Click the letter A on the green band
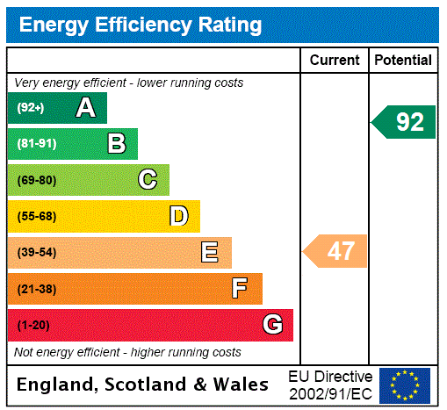click(85, 108)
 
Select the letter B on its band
click(117, 143)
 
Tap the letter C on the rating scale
click(148, 180)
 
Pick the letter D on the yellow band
click(179, 216)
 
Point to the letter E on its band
click(210, 253)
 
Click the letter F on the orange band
click(240, 288)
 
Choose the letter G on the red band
click(272, 325)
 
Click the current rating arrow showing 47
click(336, 252)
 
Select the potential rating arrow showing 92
click(404, 122)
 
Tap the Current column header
click(335, 61)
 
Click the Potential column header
click(403, 61)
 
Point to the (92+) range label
click(31, 108)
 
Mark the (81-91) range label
click(36, 144)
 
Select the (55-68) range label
click(36, 216)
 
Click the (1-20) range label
click(33, 326)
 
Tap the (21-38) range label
click(36, 289)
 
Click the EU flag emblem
click(405, 385)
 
